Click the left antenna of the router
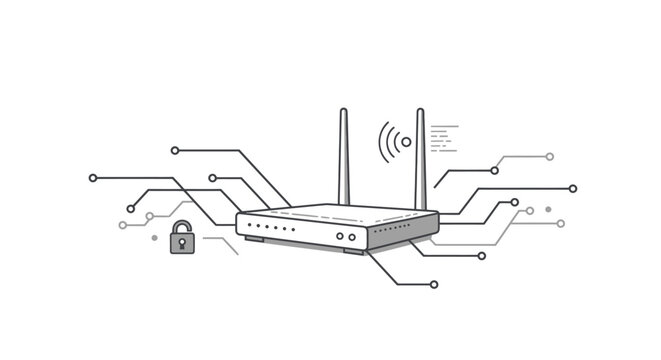[x=344, y=155]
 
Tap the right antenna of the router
[x=421, y=155]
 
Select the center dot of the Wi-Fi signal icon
[x=406, y=142]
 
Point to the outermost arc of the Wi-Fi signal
[x=381, y=142]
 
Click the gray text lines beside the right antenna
[x=444, y=139]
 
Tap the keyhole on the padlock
[x=182, y=242]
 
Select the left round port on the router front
[x=340, y=237]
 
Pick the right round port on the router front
[x=352, y=237]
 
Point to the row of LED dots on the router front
[x=271, y=228]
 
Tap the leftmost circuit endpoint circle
[x=93, y=178]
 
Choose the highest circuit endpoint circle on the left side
[x=175, y=150]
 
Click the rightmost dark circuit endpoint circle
[x=573, y=188]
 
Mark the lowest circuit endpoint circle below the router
[x=433, y=284]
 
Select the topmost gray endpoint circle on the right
[x=549, y=157]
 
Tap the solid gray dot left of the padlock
[x=154, y=238]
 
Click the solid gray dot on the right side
[x=548, y=209]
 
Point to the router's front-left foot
[x=255, y=240]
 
